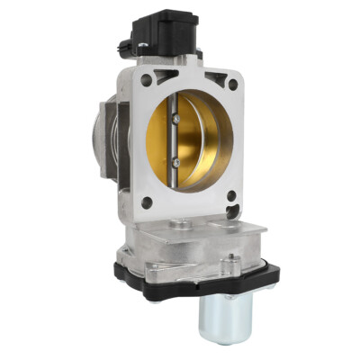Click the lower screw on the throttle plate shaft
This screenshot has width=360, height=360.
(175, 162)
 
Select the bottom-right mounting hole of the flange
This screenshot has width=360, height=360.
(231, 194)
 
